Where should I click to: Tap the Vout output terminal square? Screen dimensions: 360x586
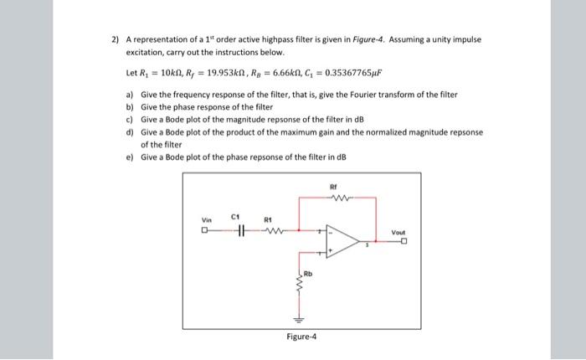(x=405, y=242)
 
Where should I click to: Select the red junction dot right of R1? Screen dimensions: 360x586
(x=296, y=231)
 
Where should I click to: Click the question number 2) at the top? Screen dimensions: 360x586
(x=116, y=39)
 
